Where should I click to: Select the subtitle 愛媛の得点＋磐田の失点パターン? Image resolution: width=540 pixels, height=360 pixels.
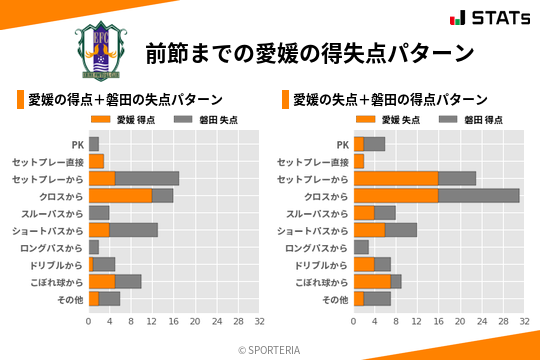125,100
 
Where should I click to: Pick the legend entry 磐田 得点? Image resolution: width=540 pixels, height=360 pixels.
459,119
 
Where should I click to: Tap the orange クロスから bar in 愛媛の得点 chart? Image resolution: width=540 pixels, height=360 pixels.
120,195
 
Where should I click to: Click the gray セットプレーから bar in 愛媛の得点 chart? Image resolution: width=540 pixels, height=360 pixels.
147,178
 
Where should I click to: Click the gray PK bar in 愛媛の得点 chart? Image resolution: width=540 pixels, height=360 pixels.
94,144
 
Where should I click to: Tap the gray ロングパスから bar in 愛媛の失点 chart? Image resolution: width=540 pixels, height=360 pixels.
361,247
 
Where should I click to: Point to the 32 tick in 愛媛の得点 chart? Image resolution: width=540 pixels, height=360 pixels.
259,323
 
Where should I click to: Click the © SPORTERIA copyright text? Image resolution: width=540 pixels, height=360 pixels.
270,349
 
